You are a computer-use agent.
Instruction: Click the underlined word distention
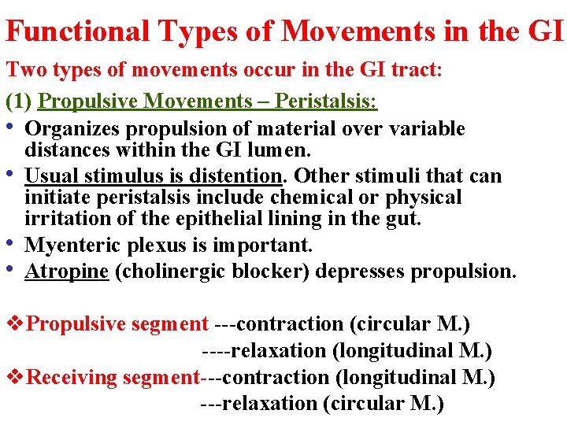tap(232, 175)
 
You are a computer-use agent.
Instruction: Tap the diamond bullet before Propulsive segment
tap(15, 323)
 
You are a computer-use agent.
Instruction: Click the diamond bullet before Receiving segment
tap(15, 377)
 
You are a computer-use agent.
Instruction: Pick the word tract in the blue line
tap(421, 69)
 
